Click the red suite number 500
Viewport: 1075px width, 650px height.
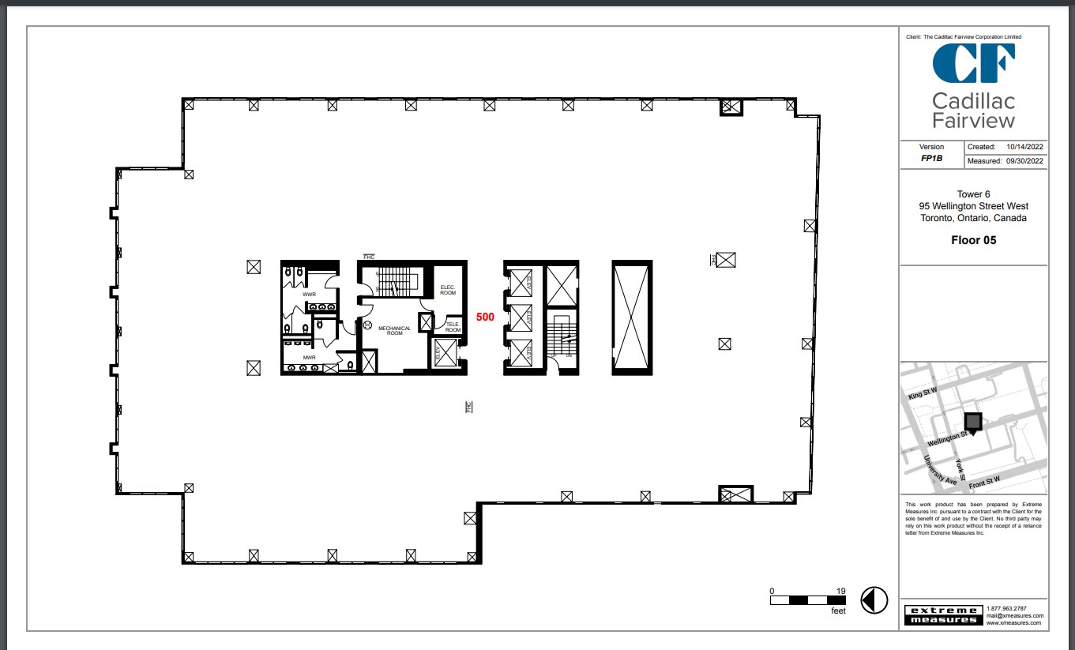(485, 317)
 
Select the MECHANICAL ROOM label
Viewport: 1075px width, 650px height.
(394, 330)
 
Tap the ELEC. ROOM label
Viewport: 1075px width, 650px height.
(448, 290)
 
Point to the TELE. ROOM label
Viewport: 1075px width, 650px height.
(453, 327)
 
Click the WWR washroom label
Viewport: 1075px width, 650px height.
(309, 295)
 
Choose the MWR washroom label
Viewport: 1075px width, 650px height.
(309, 357)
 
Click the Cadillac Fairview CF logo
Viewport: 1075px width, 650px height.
(973, 64)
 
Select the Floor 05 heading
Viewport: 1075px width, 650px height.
(973, 240)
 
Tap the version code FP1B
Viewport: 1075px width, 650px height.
(931, 158)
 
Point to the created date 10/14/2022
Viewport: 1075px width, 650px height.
(1024, 147)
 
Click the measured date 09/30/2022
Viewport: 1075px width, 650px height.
(1024, 161)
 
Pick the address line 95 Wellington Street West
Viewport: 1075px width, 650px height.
(973, 206)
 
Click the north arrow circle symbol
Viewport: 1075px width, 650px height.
(874, 599)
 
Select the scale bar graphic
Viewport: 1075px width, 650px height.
(808, 600)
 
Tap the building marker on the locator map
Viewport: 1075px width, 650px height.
(973, 423)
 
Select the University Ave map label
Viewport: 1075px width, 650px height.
(940, 470)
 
